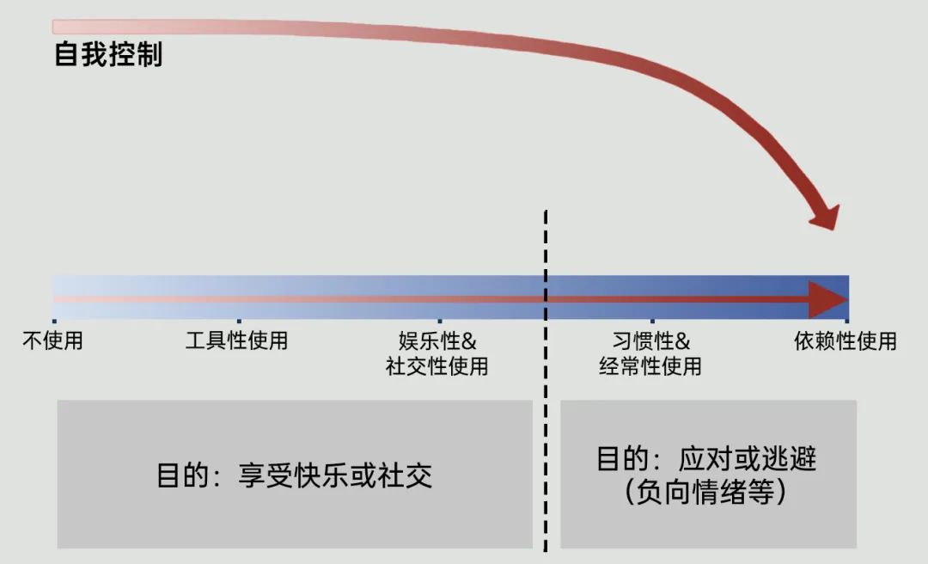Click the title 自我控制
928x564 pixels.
[x=108, y=55]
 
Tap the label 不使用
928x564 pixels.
[x=52, y=340]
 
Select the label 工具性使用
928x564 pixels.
[x=236, y=340]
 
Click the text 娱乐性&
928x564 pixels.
[x=437, y=340]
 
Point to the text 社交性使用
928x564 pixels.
[x=437, y=366]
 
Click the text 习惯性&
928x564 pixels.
[x=651, y=340]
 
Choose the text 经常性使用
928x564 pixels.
[x=650, y=366]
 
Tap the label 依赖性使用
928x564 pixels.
[x=846, y=340]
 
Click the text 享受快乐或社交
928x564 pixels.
[x=335, y=475]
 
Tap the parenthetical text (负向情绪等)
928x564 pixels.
[x=705, y=492]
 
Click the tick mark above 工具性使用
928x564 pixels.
[x=238, y=322]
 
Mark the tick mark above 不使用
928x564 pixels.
[x=53, y=322]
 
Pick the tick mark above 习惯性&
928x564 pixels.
[x=652, y=322]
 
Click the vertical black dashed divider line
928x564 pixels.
[x=546, y=387]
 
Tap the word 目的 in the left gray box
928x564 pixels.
[x=179, y=475]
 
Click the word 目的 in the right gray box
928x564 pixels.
[x=620, y=458]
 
